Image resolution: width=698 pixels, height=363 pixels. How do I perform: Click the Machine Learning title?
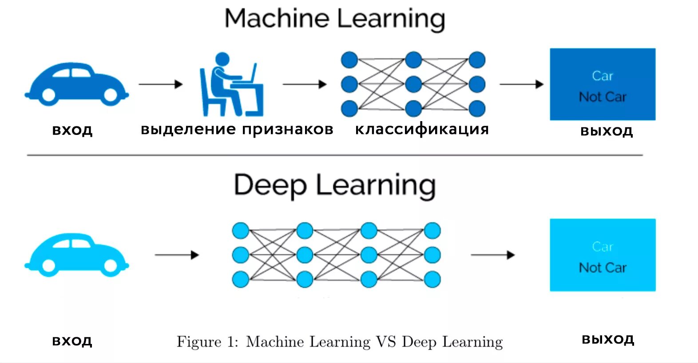click(x=335, y=19)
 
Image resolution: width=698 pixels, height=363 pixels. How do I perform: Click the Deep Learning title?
click(x=335, y=185)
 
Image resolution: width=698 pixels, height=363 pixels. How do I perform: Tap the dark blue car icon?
click(x=76, y=84)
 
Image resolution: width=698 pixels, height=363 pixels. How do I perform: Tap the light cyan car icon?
click(x=76, y=255)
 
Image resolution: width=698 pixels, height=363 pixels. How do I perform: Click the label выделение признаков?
click(x=237, y=129)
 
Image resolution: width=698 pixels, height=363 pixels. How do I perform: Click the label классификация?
click(x=422, y=129)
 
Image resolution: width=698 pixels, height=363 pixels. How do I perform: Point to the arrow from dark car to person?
click(x=161, y=84)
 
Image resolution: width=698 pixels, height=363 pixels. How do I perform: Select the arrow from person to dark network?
click(x=305, y=84)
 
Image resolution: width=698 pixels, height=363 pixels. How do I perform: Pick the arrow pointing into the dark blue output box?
click(x=521, y=84)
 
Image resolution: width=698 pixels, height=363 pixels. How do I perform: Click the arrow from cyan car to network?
click(x=177, y=255)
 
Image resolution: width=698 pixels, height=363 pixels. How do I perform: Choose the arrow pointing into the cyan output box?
click(x=492, y=255)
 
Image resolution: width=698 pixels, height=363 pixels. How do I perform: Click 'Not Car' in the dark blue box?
click(x=603, y=97)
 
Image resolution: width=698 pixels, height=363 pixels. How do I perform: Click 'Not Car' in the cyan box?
click(x=603, y=268)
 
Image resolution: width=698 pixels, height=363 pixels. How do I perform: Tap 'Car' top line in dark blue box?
click(x=603, y=76)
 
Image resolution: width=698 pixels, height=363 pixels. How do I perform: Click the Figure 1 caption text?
click(x=340, y=342)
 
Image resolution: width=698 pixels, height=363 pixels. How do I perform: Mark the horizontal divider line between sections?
click(x=335, y=155)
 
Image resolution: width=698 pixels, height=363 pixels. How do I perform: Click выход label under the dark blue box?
click(x=607, y=131)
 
